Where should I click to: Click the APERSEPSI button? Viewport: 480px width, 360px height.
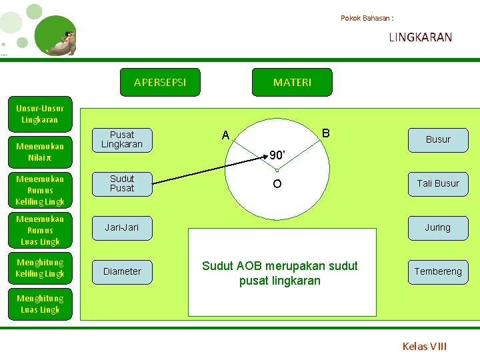[x=159, y=82]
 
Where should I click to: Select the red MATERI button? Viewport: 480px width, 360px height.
[x=292, y=82]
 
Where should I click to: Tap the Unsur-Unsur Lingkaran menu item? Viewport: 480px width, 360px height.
[x=40, y=114]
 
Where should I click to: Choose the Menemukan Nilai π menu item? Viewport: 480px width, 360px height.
[x=40, y=152]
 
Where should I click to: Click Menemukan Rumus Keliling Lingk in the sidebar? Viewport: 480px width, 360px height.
[x=40, y=190]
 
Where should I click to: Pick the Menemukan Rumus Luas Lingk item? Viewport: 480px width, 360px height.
[x=40, y=230]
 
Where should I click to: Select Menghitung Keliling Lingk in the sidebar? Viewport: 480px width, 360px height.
[x=40, y=268]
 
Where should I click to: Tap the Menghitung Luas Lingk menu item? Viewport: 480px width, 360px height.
[x=40, y=304]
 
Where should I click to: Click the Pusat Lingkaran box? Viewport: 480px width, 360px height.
[x=122, y=139]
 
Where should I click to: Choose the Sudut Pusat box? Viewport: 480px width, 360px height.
[x=122, y=183]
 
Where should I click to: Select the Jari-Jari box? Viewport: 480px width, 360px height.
[x=122, y=227]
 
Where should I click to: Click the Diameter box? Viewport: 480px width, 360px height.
[x=122, y=271]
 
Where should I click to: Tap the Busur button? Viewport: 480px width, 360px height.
[x=438, y=139]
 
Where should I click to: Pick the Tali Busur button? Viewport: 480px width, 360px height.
[x=438, y=183]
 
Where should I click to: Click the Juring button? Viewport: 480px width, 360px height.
[x=438, y=227]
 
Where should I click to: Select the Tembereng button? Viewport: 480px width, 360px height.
[x=438, y=271]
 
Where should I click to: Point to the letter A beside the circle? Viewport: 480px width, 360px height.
[x=226, y=136]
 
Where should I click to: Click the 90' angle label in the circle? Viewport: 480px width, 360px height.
[x=277, y=155]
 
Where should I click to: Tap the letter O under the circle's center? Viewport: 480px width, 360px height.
[x=277, y=184]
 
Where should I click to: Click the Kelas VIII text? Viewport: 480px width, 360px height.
[x=425, y=346]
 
